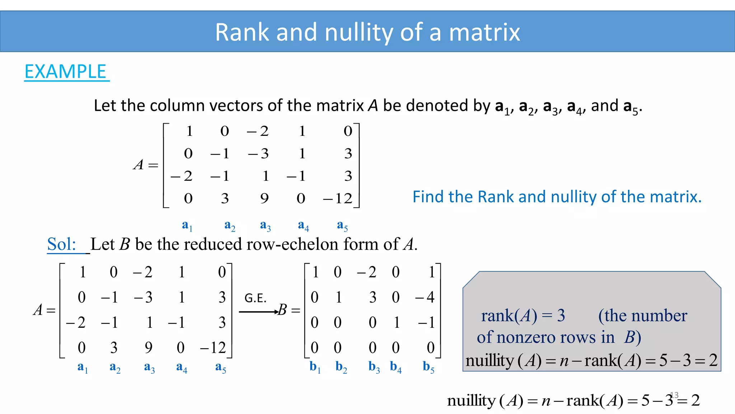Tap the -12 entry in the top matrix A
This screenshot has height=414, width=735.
click(x=338, y=198)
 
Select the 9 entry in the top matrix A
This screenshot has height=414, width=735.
click(x=264, y=198)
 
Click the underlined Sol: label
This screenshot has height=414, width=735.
click(x=62, y=244)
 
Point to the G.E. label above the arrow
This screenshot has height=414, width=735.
click(x=255, y=298)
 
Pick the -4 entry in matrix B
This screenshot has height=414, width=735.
click(x=425, y=298)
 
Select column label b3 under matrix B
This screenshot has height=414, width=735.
click(x=374, y=367)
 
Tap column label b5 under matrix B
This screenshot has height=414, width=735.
click(x=429, y=367)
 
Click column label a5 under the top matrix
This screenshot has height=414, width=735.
click(x=342, y=225)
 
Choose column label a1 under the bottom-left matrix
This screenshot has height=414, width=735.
click(x=83, y=368)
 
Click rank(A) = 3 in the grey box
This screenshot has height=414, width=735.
click(x=523, y=316)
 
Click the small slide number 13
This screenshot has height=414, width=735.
click(x=674, y=395)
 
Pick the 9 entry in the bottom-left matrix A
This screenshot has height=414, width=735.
click(x=149, y=348)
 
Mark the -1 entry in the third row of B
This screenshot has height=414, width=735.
click(x=427, y=322)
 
